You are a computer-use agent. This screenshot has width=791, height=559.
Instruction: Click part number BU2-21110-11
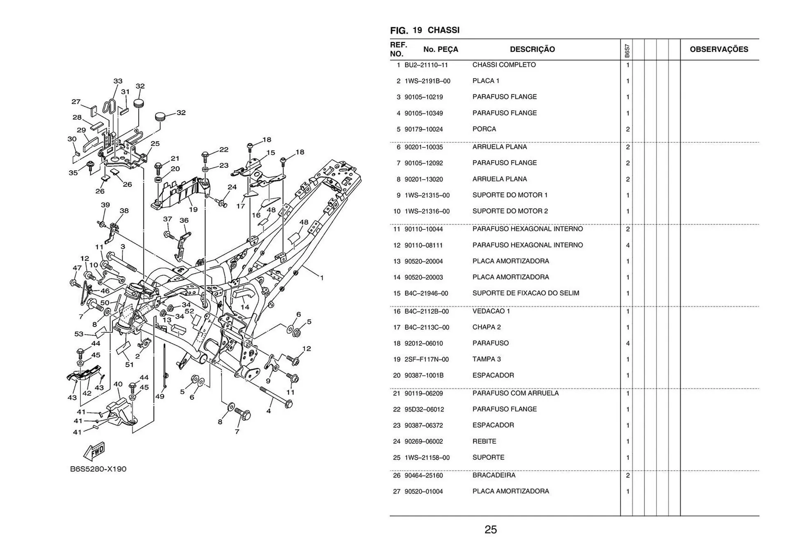tap(426, 65)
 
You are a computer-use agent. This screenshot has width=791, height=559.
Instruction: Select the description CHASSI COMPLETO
tap(504, 65)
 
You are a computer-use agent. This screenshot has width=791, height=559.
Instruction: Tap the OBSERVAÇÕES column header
tap(718, 49)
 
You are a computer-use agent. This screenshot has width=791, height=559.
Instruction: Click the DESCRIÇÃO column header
tap(532, 49)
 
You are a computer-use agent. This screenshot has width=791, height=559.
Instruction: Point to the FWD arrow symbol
tap(94, 451)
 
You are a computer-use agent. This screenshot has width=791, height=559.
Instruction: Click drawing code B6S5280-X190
tap(98, 469)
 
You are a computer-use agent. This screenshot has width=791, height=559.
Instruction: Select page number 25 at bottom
tap(490, 529)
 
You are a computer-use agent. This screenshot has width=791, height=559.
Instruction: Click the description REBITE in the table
tap(484, 441)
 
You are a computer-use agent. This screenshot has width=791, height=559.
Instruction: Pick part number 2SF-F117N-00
tap(426, 359)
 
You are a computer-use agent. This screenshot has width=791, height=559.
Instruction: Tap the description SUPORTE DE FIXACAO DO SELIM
tap(525, 293)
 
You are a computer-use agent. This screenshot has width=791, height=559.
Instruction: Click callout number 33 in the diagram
tap(118, 81)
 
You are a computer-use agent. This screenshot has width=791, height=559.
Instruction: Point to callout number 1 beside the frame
tap(322, 278)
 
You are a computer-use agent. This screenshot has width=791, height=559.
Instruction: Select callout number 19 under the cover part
tap(193, 209)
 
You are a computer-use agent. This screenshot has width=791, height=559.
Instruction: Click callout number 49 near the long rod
tap(160, 396)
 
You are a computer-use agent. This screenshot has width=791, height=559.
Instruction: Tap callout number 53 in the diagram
tap(79, 334)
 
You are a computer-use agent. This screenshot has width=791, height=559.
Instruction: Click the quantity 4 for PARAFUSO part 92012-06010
tap(627, 343)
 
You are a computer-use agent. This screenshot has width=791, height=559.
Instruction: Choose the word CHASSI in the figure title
tap(443, 30)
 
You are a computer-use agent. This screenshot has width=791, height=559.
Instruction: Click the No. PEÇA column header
tap(440, 49)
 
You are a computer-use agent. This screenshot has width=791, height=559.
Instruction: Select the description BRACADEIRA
tap(494, 475)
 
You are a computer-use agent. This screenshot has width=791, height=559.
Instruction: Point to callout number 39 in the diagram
tap(105, 205)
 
